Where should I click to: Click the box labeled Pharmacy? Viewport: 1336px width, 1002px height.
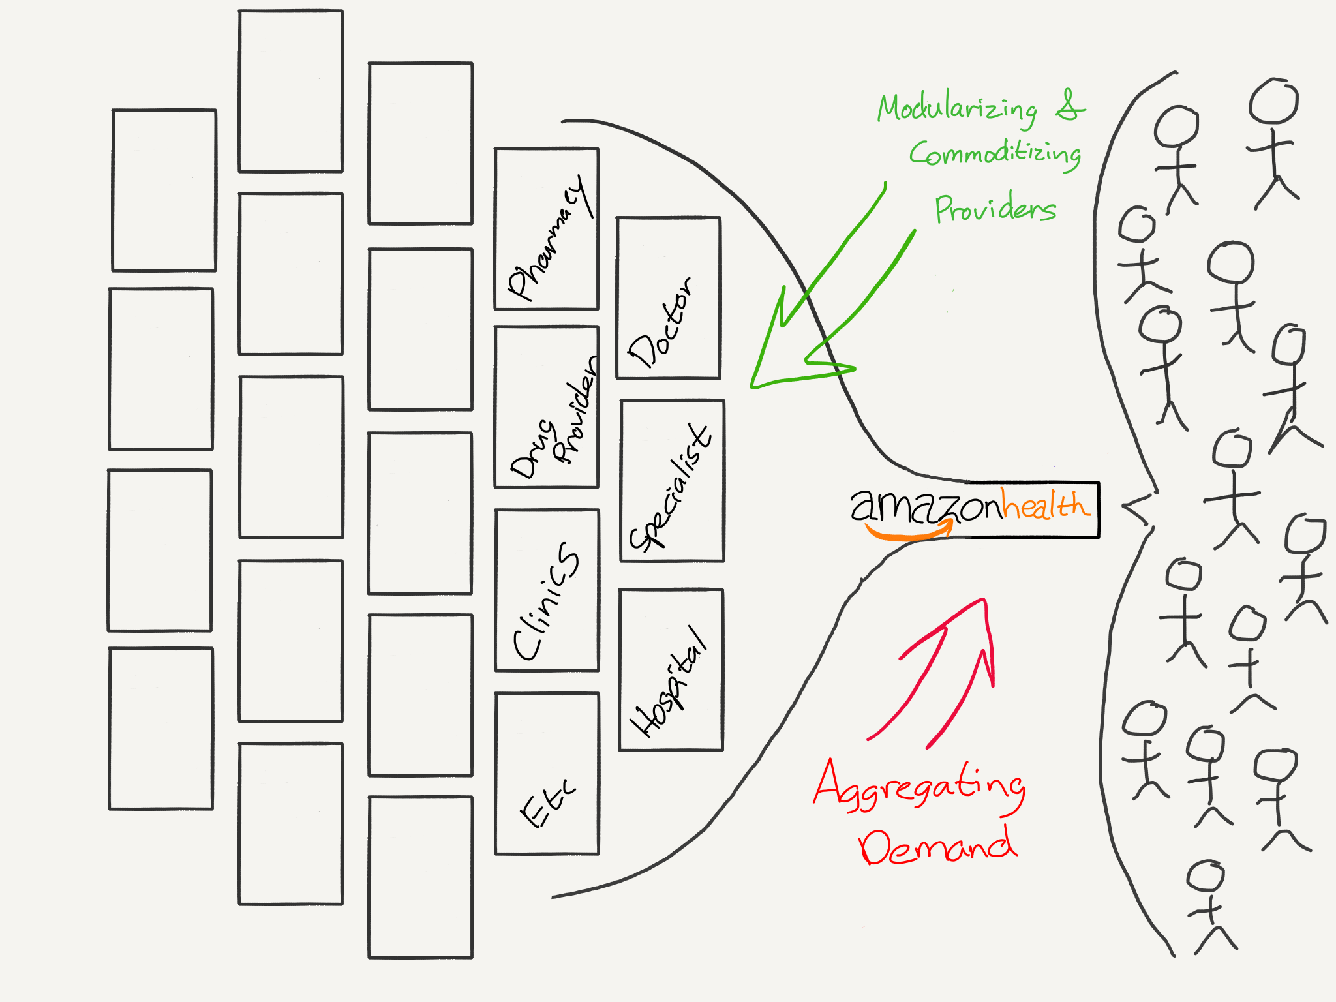point(547,228)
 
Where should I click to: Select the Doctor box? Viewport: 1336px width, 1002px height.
point(668,297)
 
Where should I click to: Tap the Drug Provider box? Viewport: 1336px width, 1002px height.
point(547,406)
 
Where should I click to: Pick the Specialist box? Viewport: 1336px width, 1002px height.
point(672,481)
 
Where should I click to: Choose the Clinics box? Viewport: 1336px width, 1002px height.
point(547,590)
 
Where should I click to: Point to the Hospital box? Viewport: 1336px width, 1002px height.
point(671,670)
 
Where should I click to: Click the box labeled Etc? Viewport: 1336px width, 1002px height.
point(547,773)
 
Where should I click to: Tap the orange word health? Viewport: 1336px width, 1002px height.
point(1045,505)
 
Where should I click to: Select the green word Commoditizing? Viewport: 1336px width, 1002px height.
point(995,154)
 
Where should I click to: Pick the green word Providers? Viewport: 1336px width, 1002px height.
point(995,209)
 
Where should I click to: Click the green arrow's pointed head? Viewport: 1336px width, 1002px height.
point(757,382)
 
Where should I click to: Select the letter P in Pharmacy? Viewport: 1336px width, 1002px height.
point(521,284)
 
